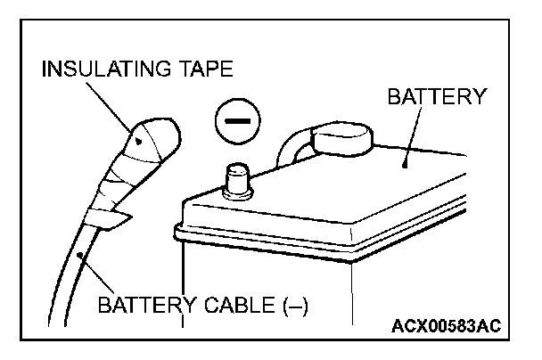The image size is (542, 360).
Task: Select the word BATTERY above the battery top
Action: coord(438,96)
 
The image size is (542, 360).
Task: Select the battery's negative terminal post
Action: coord(238,182)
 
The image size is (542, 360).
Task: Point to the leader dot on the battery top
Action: coord(406,163)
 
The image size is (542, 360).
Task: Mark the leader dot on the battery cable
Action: coord(82,256)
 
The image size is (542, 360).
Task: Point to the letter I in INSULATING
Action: coord(46,69)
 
